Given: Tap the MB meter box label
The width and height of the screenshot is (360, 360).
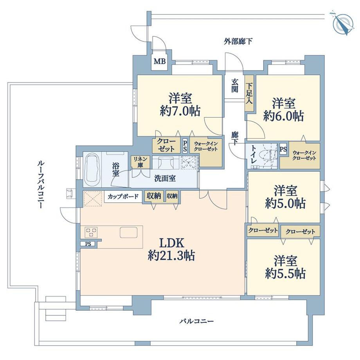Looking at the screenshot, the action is [x=159, y=61].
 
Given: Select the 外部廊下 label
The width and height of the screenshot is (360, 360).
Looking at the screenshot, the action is [x=238, y=41].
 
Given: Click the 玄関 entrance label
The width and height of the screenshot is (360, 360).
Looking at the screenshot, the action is [x=235, y=86].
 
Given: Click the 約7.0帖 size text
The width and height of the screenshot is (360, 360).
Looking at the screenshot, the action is [x=180, y=111].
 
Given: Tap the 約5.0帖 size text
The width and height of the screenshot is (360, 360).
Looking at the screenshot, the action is [x=284, y=203].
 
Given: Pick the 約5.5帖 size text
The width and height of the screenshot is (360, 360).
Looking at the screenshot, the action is [x=284, y=273].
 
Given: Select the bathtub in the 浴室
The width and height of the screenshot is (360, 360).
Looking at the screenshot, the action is [x=93, y=170].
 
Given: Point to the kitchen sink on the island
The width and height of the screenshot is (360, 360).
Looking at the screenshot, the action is [x=128, y=232].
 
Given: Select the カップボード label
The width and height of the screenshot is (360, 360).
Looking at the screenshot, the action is [x=123, y=196].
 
